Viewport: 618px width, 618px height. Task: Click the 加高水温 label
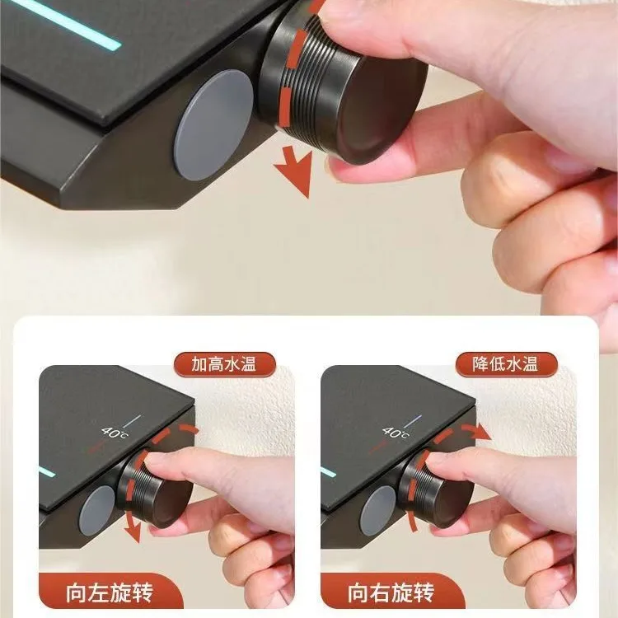(x=224, y=364)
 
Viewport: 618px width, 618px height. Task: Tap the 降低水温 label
(x=506, y=364)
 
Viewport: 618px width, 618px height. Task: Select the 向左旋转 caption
(x=109, y=593)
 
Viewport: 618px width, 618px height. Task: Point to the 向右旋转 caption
(x=391, y=593)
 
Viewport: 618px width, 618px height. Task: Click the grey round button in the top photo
(x=213, y=125)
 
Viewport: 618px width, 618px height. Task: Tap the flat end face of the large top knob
(x=382, y=109)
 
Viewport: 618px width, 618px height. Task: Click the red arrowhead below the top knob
(x=294, y=171)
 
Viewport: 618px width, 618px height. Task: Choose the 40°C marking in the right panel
(x=396, y=433)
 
